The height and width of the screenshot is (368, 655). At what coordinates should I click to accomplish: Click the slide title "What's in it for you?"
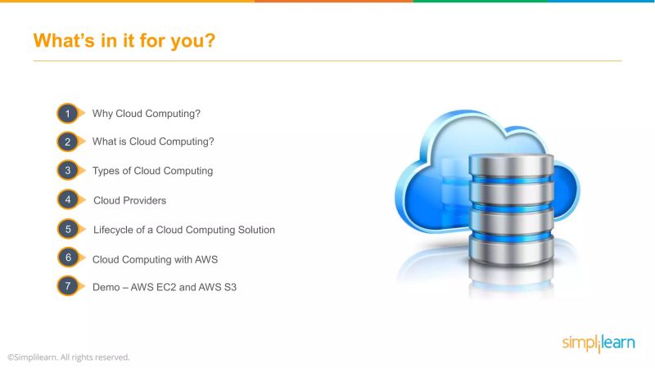coord(124,40)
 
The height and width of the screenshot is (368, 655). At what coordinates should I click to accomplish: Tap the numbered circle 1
coord(68,113)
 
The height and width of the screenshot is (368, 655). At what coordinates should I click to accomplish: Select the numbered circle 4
coord(68,200)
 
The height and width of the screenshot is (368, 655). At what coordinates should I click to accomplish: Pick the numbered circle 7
coord(68,287)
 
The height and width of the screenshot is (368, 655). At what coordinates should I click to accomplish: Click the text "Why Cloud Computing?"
coord(147,113)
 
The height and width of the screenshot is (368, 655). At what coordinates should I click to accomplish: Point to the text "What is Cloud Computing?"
coord(153,141)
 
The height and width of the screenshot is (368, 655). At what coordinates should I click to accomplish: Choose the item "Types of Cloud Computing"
coord(152,171)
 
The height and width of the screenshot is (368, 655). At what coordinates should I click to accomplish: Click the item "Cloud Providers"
coord(129,200)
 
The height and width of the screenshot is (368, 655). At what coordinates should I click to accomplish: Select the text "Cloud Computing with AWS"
coord(155,259)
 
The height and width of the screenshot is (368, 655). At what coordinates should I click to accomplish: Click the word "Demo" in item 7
coord(106,288)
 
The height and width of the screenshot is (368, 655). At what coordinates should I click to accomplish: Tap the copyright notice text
coord(69,357)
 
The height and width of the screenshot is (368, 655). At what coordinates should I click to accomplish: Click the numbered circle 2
coord(68,141)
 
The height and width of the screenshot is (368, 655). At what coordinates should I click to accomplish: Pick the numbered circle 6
coord(68,258)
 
